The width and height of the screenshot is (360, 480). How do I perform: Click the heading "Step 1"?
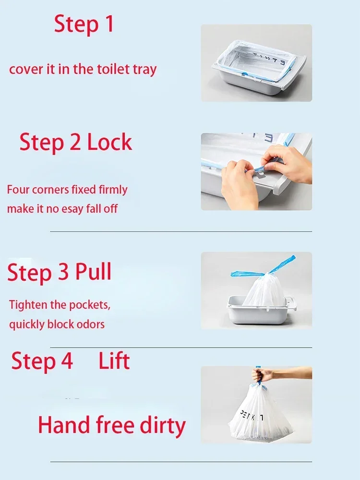(84, 24)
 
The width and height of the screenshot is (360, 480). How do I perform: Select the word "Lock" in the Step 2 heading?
(109, 143)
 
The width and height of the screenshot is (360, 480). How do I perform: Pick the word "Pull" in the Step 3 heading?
(94, 272)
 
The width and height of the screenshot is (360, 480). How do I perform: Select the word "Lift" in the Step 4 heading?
(114, 361)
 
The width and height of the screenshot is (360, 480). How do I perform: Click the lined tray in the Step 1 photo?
(254, 65)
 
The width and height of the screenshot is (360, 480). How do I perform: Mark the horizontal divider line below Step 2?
(181, 232)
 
